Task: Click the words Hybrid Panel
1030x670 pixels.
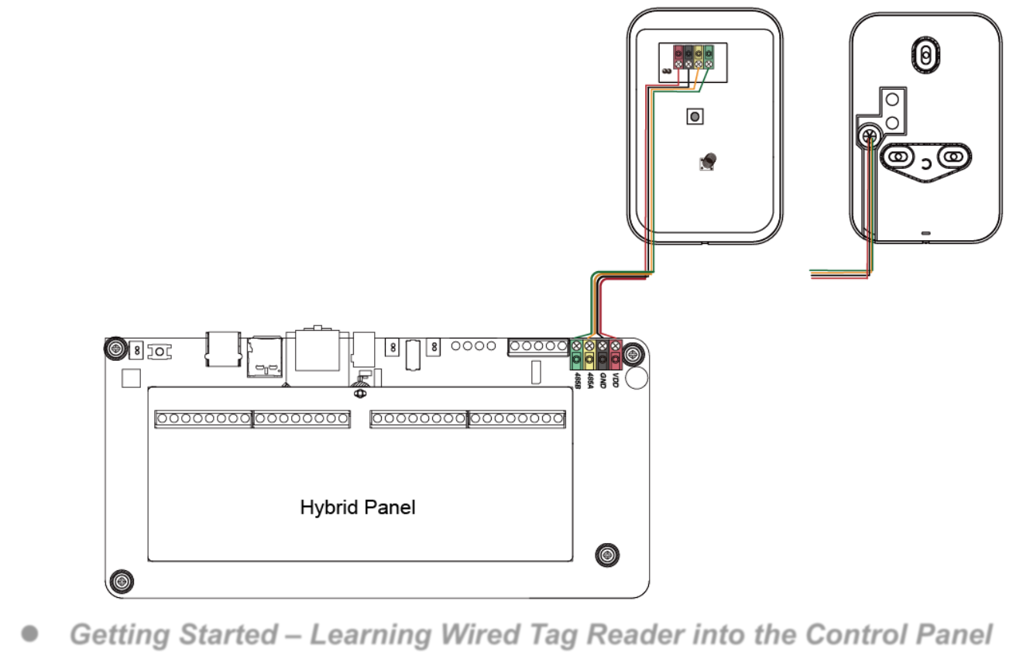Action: click(x=358, y=507)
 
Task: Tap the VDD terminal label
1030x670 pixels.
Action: click(x=616, y=380)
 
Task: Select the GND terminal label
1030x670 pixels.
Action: click(x=603, y=380)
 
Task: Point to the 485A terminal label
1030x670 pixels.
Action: click(x=590, y=380)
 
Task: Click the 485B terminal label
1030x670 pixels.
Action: click(x=578, y=380)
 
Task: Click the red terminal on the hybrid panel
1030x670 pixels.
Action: click(x=615, y=355)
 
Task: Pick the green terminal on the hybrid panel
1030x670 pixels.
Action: click(x=576, y=355)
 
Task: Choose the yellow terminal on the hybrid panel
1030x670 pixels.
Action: click(x=589, y=355)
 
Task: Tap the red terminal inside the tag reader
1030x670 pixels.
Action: click(x=678, y=57)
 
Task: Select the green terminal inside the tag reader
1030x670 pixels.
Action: click(x=709, y=57)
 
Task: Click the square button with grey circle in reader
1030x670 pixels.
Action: click(x=695, y=117)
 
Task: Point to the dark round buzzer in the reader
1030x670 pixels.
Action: click(x=709, y=160)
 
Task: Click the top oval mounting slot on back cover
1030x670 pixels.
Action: click(x=925, y=55)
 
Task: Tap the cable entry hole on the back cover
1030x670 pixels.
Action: click(x=870, y=136)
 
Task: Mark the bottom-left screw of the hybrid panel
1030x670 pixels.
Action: click(x=122, y=582)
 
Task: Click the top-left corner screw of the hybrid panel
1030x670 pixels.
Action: click(x=115, y=349)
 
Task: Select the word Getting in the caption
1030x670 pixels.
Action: click(x=121, y=635)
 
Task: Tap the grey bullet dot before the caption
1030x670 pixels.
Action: click(x=30, y=634)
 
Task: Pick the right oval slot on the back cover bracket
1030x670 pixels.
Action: click(x=954, y=157)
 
